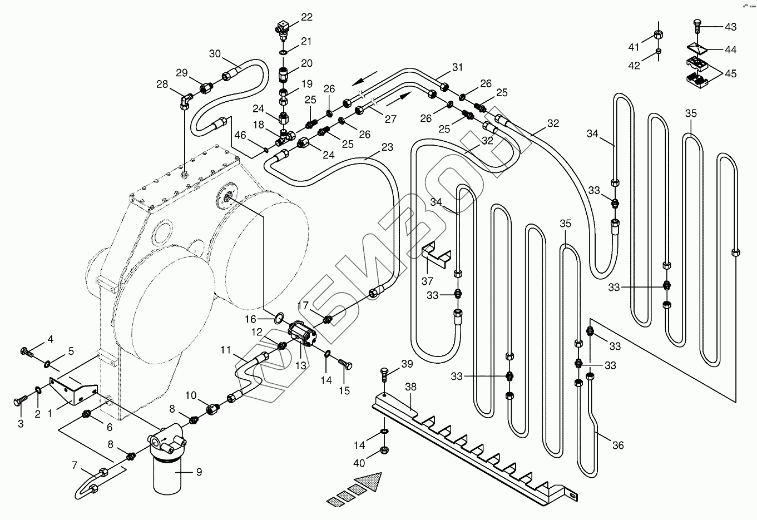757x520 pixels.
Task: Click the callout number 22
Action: (306, 17)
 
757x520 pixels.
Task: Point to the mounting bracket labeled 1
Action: (73, 390)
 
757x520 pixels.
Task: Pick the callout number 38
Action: (410, 387)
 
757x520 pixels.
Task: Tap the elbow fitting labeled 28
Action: (186, 101)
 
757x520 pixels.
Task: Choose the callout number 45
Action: (731, 73)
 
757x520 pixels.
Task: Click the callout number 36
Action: (618, 445)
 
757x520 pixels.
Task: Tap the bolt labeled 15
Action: (345, 365)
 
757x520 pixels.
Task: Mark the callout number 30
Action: (215, 53)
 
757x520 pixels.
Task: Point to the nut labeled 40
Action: (384, 450)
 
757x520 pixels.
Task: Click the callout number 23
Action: (387, 147)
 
